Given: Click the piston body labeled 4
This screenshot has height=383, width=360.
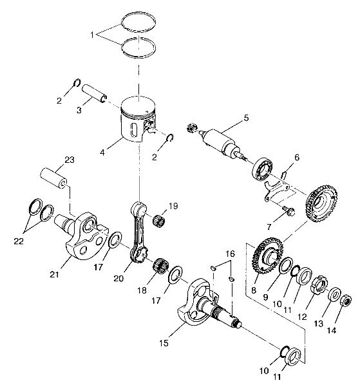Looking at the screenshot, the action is (138, 119).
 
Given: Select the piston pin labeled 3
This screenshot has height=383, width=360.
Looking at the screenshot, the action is (94, 93).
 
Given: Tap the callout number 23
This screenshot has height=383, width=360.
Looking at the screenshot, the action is (70, 160).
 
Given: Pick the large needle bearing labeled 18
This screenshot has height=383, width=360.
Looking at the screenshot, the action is (161, 265).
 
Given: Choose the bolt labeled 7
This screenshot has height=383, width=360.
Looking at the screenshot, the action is (289, 210).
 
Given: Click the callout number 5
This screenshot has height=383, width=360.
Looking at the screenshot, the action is (246, 118).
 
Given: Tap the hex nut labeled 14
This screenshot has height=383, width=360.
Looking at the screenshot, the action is (346, 300).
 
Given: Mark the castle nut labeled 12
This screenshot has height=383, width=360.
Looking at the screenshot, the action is (319, 285).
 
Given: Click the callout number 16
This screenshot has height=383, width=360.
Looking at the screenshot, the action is (230, 254).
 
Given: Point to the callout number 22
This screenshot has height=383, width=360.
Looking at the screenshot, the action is (19, 241).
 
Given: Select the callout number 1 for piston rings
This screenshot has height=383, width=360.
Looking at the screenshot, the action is (92, 35).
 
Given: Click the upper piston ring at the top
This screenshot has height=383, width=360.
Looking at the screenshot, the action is (138, 22).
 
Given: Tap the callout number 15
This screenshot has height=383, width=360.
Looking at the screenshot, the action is (164, 343).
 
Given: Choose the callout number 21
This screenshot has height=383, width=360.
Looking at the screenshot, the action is (54, 275).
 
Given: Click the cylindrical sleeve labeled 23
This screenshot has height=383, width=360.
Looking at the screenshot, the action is (53, 178).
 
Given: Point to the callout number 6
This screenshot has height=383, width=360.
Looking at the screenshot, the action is (297, 158).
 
